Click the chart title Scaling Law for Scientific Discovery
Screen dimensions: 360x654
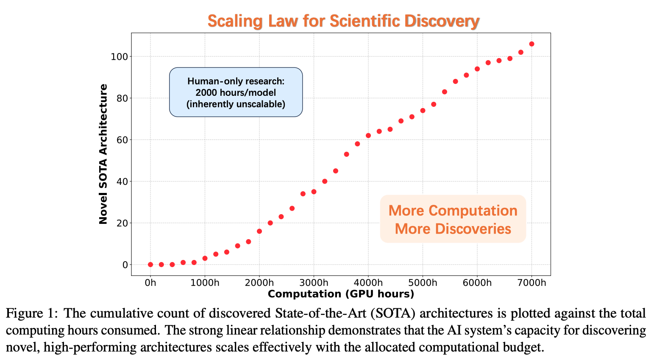343,20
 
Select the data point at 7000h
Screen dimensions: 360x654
532,44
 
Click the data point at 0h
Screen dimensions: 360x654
150,265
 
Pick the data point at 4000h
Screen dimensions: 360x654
368,136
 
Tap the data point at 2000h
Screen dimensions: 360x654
259,231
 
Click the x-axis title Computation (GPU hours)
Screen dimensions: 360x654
341,294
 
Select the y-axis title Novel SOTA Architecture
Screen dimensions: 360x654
103,154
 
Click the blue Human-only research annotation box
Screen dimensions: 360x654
236,92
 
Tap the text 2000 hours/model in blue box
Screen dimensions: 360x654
236,92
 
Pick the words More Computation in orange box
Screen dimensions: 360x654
453,211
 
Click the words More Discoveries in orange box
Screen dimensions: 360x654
453,229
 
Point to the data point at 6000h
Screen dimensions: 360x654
477,69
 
